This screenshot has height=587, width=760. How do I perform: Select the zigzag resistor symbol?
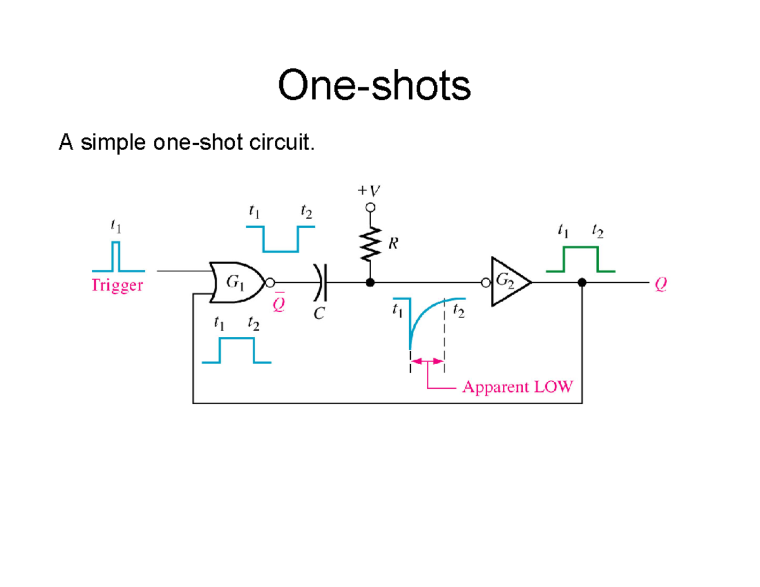[370, 244]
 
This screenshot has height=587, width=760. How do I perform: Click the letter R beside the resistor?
[393, 244]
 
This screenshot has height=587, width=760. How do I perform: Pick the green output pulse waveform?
[580, 258]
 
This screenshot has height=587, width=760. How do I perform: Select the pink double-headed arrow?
[427, 361]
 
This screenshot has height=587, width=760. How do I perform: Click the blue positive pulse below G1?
[236, 350]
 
